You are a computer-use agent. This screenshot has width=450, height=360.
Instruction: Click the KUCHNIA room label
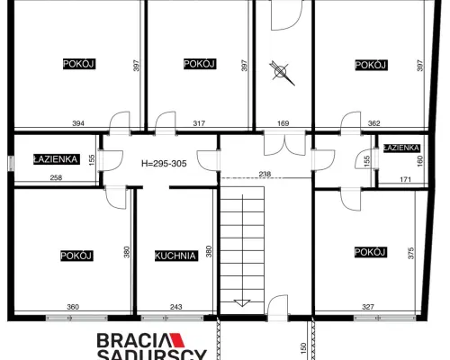pos(176,256)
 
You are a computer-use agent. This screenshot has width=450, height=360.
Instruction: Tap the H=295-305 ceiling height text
pos(164,164)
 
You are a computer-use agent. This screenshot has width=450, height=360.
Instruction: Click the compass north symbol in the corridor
pos(282,73)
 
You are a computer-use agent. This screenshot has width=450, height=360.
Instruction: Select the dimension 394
pos(78,123)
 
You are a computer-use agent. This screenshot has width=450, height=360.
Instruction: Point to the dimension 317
pos(199,123)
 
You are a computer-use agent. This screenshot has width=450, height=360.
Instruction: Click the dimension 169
pos(283,123)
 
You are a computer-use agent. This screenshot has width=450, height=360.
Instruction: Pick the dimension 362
pos(374,123)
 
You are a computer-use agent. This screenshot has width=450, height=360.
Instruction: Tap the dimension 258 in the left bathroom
pos(56,177)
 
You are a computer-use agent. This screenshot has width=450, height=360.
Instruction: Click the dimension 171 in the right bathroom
pos(405,179)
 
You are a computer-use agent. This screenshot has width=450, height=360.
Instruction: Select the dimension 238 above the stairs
pos(265,174)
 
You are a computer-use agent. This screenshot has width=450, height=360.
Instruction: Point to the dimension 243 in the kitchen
pos(176,307)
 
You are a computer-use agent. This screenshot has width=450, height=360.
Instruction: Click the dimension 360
pos(73,307)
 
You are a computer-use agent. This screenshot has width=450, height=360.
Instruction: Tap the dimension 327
pos(368,307)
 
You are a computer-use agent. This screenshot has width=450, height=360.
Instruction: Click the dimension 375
pos(411,253)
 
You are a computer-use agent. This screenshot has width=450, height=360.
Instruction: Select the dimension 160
pos(419,161)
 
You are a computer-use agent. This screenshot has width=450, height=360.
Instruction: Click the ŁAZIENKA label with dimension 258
pos(57,159)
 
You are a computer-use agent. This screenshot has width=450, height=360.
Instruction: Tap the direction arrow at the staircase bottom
pos(242,303)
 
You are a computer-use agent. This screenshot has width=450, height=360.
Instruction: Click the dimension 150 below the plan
pos(303,348)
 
